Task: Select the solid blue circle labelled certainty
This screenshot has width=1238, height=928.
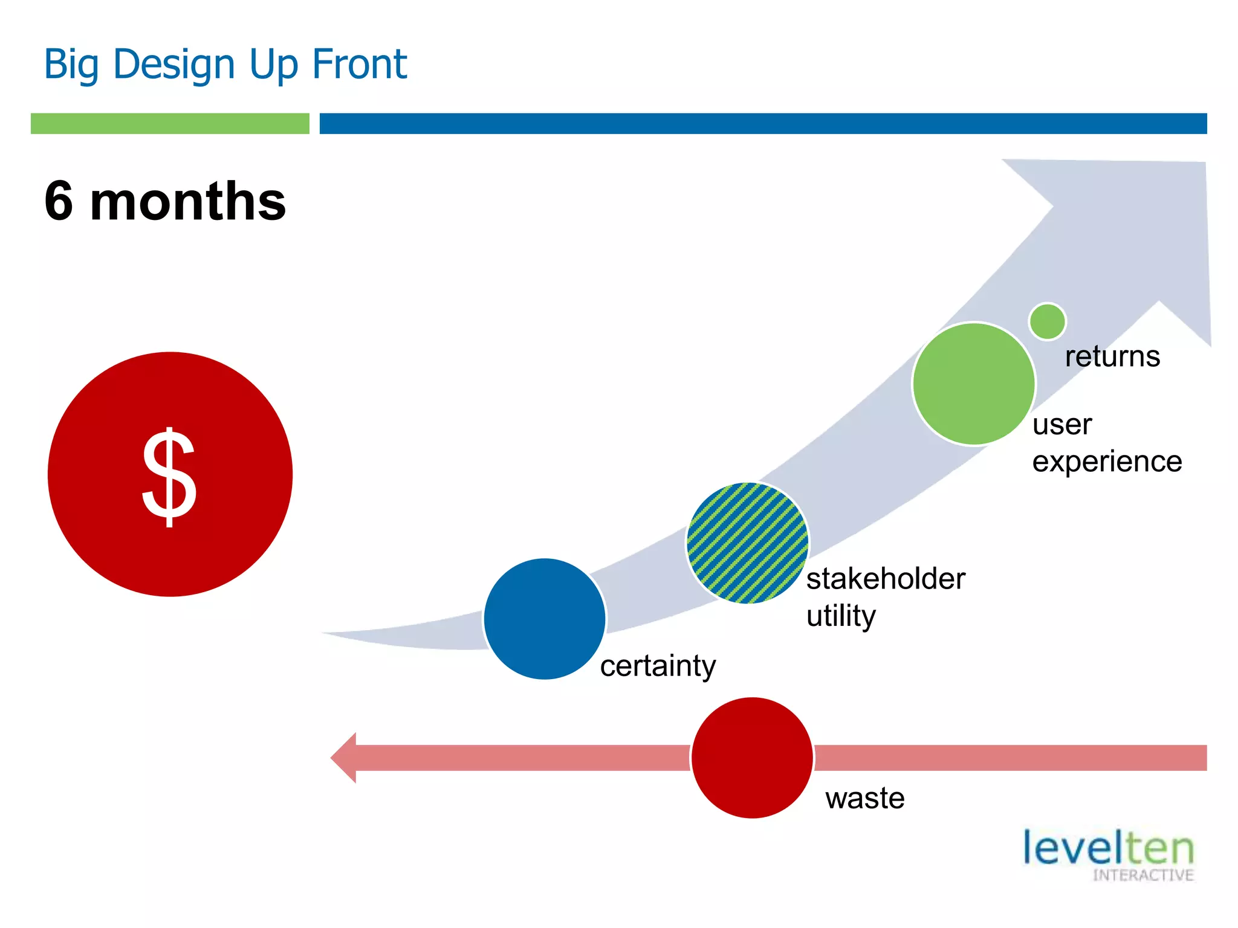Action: [x=545, y=619]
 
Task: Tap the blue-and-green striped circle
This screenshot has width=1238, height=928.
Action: [x=748, y=543]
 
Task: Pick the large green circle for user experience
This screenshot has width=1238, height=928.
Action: [x=973, y=384]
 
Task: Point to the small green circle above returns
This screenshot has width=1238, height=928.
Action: [x=1047, y=321]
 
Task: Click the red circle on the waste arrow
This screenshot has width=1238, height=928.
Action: [x=752, y=758]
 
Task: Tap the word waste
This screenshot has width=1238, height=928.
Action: [x=864, y=798]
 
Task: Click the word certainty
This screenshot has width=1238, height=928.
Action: [x=658, y=666]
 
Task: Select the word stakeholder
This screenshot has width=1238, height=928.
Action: [x=886, y=579]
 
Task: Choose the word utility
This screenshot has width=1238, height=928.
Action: [x=841, y=616]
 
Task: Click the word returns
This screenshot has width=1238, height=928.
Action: [x=1112, y=356]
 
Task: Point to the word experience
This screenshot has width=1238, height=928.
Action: [x=1107, y=462]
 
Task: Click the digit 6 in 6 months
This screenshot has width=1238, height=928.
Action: [x=59, y=201]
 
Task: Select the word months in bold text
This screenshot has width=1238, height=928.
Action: [x=188, y=201]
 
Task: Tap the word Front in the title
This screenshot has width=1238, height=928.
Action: [x=359, y=64]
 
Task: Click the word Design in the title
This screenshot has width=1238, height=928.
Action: [x=173, y=64]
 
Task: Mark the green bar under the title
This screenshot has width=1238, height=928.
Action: [x=170, y=123]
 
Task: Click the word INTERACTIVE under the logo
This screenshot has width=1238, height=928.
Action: [x=1142, y=875]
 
